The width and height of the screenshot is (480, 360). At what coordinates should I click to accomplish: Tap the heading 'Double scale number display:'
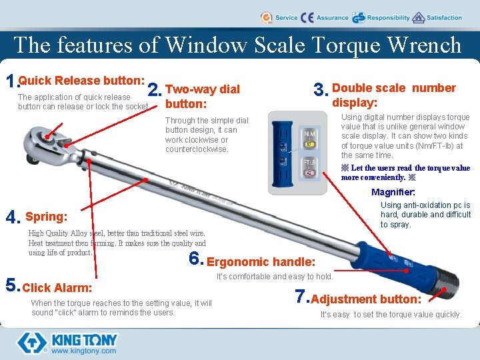[393, 95]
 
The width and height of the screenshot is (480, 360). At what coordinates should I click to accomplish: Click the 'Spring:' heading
[46, 217]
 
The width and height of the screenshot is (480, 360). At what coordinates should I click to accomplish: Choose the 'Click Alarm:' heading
[57, 288]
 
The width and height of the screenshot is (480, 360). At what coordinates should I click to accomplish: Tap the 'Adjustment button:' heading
[366, 299]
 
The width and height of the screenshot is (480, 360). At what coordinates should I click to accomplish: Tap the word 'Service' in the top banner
[286, 18]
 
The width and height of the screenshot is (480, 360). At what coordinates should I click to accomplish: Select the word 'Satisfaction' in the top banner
[444, 18]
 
